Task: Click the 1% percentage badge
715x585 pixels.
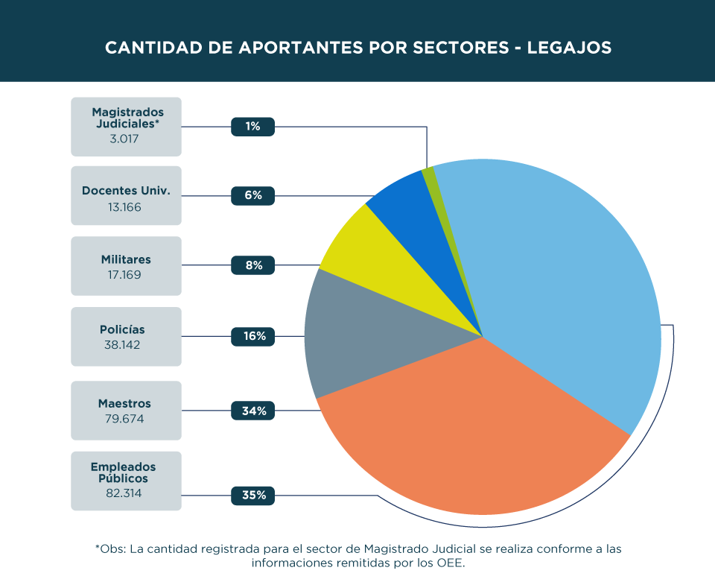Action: [x=252, y=127]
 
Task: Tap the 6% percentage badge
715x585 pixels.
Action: [x=252, y=195]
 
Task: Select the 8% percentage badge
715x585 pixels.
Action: [x=252, y=265]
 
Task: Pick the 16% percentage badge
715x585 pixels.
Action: [x=253, y=336]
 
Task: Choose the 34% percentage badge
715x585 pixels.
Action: [x=253, y=411]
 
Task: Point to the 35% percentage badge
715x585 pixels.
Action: [x=253, y=495]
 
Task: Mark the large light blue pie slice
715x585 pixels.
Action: [x=566, y=283]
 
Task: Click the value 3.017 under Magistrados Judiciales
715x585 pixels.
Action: [x=125, y=139]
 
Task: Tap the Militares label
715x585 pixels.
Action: [x=126, y=260]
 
